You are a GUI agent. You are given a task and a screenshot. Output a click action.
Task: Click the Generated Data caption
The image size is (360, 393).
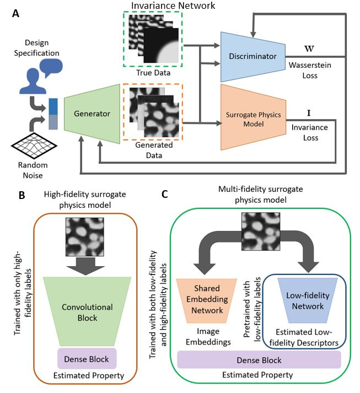(151, 150)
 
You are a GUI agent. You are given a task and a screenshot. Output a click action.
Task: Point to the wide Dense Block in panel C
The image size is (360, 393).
(259, 360)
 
